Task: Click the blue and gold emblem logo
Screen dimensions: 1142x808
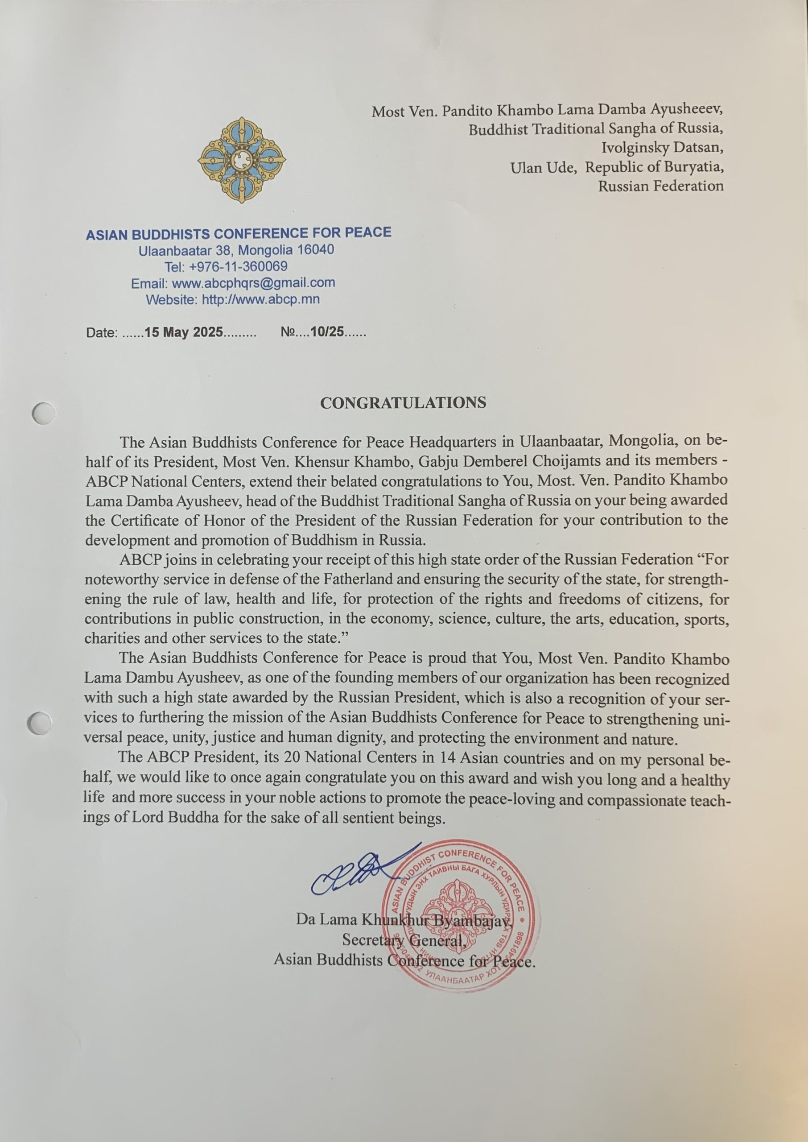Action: pyautogui.click(x=241, y=160)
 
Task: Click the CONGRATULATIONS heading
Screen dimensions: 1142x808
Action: pyautogui.click(x=403, y=402)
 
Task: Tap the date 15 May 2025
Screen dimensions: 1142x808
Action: pyautogui.click(x=184, y=332)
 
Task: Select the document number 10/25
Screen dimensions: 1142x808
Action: pyautogui.click(x=327, y=332)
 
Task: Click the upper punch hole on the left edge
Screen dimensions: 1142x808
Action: pyautogui.click(x=43, y=413)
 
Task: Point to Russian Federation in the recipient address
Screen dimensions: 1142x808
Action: pyautogui.click(x=661, y=186)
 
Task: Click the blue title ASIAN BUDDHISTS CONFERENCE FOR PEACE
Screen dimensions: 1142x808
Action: pyautogui.click(x=238, y=233)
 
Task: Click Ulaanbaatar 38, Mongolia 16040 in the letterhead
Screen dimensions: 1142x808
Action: pyautogui.click(x=236, y=250)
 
